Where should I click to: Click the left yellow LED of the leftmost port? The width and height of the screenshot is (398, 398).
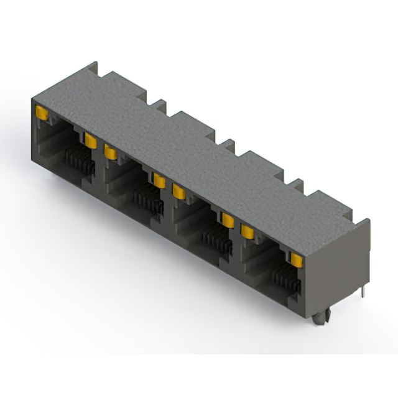pos(43,113)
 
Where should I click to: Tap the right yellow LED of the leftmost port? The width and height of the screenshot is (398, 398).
pos(91,141)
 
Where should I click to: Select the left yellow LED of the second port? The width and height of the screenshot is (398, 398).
pos(111,152)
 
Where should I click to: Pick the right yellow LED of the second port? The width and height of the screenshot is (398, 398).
pos(159,180)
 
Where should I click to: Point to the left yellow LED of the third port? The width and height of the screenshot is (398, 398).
pos(179,191)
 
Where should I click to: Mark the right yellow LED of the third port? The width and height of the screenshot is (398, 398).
pos(228,220)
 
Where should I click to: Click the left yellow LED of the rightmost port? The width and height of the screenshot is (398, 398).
pos(248,231)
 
